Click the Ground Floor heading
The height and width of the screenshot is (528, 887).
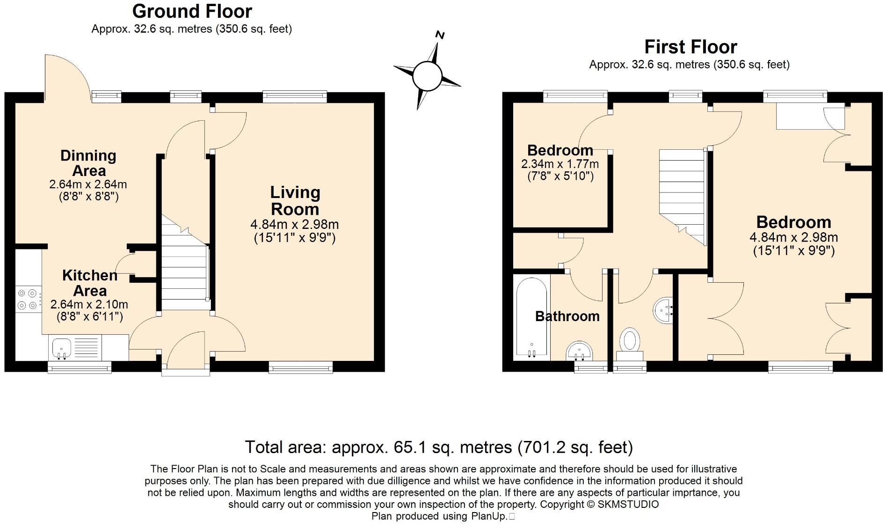pyautogui.click(x=192, y=11)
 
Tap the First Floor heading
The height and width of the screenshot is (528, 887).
pyautogui.click(x=691, y=47)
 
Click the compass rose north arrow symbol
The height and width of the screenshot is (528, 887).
pyautogui.click(x=427, y=75)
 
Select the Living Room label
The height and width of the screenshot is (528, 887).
pyautogui.click(x=295, y=201)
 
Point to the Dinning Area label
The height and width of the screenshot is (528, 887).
pyautogui.click(x=88, y=163)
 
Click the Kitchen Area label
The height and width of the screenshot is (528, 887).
pyautogui.click(x=89, y=283)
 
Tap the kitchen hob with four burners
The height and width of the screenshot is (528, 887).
pyautogui.click(x=27, y=300)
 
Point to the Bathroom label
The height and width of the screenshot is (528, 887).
pyautogui.click(x=567, y=316)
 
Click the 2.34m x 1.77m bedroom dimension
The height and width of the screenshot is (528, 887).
pyautogui.click(x=560, y=164)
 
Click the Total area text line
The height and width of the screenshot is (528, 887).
pyautogui.click(x=438, y=447)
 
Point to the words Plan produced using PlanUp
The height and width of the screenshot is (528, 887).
pyautogui.click(x=439, y=516)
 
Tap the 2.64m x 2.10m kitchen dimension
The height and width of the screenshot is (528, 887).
pyautogui.click(x=89, y=304)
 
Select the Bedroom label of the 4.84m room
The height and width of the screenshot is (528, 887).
pyautogui.click(x=793, y=222)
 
